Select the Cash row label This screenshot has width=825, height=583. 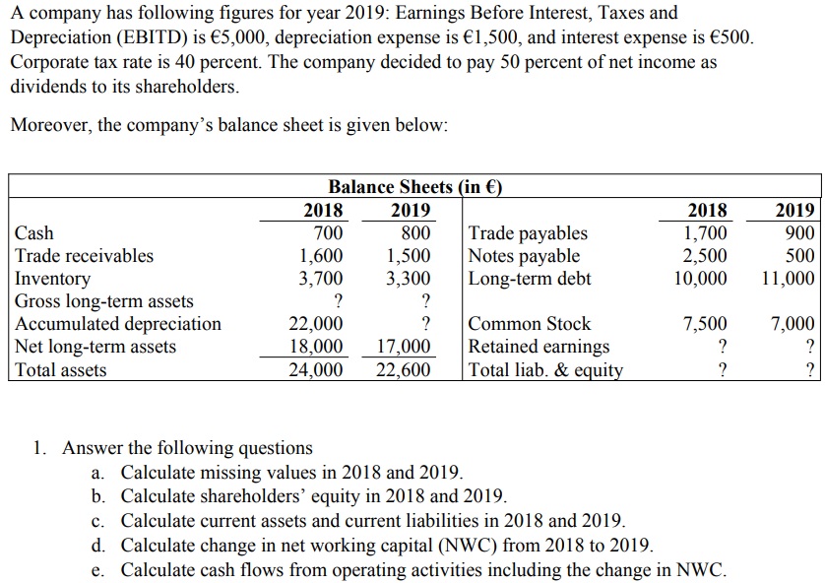click(34, 233)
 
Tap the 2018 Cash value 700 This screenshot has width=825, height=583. click(328, 233)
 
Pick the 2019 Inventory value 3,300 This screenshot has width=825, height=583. click(409, 279)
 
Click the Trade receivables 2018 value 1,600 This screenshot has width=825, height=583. click(321, 256)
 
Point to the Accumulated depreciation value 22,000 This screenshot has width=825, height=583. click(315, 324)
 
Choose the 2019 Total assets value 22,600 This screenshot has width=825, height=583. click(404, 370)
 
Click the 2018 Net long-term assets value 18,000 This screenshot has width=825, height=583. click(315, 347)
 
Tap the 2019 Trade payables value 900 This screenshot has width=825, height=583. click(798, 233)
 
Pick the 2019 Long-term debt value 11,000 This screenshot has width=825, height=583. click(788, 279)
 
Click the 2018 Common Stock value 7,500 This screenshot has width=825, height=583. click(705, 324)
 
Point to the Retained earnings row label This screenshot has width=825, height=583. click(539, 347)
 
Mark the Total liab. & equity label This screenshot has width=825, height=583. click(545, 370)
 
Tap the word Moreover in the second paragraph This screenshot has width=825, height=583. click(49, 126)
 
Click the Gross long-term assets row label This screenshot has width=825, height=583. click(104, 301)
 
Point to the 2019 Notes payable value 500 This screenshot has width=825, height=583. click(800, 256)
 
